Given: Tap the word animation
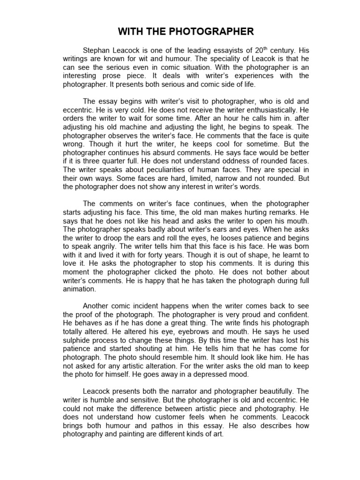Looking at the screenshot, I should point(80,289).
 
